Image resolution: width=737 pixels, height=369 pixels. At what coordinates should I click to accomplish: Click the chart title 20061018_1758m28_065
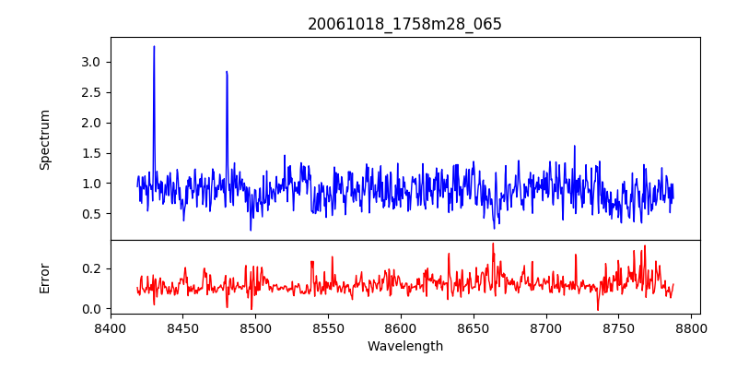(404, 24)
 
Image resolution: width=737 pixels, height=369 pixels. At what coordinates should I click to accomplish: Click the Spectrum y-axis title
(44, 139)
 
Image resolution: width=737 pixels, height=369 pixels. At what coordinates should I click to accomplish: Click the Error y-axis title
(44, 278)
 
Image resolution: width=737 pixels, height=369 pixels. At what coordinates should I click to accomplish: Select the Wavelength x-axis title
(404, 347)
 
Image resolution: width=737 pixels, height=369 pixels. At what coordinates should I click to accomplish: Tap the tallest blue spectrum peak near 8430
(154, 47)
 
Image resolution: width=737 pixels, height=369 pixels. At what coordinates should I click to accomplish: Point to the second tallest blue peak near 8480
(227, 72)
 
